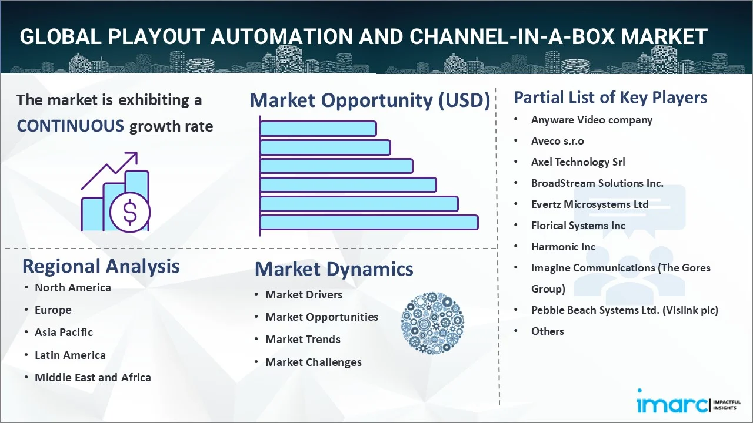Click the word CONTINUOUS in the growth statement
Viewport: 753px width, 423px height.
point(71,126)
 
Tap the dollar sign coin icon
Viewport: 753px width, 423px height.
point(130,212)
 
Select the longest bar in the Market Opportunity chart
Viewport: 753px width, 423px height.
point(369,223)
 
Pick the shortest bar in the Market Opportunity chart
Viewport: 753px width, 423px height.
point(318,129)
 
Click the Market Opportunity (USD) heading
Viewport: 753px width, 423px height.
point(370,100)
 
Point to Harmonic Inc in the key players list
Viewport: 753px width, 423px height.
point(563,247)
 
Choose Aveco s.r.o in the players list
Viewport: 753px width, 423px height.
point(557,141)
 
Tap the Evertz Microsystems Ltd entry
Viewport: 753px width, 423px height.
point(589,204)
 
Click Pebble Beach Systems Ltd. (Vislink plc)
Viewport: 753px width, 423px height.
point(625,310)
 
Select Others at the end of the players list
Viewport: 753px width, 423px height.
point(547,331)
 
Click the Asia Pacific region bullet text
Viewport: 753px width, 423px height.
point(64,333)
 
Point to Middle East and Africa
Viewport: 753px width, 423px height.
point(93,377)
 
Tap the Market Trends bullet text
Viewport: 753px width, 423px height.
point(303,340)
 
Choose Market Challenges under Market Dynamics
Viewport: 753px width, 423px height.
point(314,362)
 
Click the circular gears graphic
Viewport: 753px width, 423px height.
point(432,323)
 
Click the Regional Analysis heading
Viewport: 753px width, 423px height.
point(101,266)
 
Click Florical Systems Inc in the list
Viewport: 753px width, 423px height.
point(578,226)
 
